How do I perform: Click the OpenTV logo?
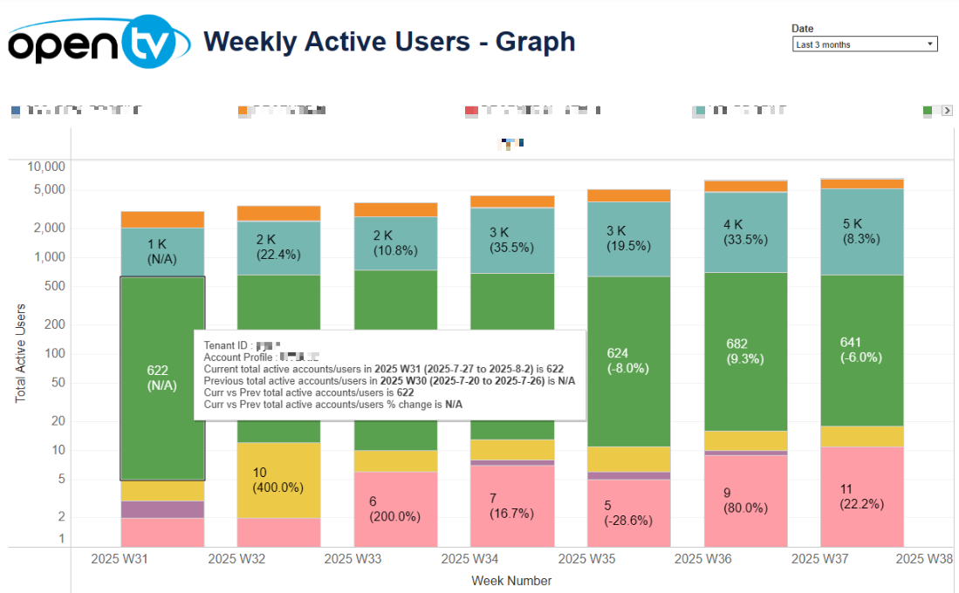99,42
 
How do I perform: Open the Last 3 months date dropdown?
865,44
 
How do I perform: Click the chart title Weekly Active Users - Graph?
388,41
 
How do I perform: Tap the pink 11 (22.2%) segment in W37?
862,496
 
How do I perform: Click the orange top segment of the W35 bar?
628,195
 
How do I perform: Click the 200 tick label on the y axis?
54,324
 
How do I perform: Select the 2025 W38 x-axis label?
925,559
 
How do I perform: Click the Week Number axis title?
511,581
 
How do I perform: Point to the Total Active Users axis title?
21,353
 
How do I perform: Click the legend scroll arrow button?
947,111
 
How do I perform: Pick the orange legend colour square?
243,111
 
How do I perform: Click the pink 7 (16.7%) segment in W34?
511,506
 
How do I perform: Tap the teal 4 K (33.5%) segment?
745,232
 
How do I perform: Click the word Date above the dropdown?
802,29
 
